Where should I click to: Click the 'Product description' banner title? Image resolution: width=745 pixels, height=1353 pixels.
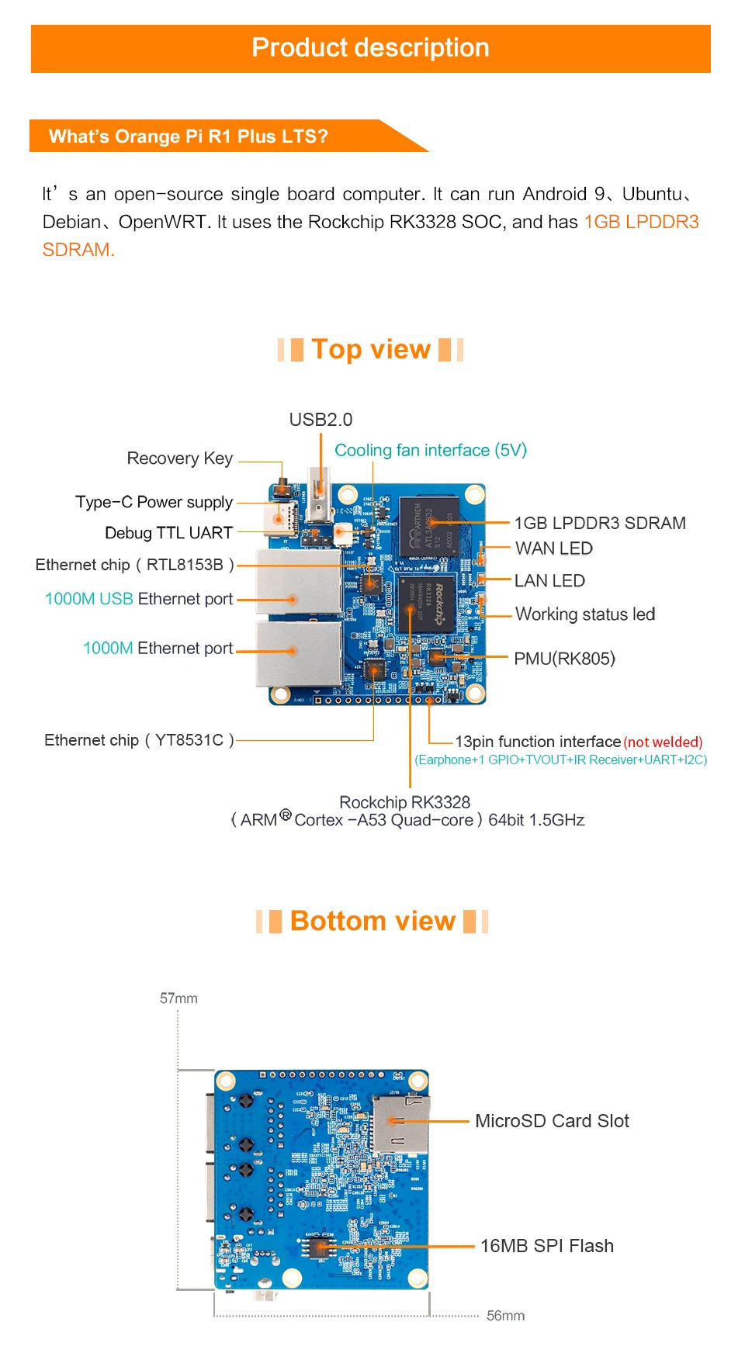(x=370, y=48)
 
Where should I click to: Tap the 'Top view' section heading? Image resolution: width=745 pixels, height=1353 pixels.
(x=371, y=350)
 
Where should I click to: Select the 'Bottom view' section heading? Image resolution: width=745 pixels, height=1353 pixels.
(x=372, y=921)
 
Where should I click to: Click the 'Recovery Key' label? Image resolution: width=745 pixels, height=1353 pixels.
(x=179, y=458)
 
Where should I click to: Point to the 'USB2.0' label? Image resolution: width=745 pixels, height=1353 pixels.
(x=321, y=420)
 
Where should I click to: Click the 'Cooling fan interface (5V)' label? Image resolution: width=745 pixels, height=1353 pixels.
(x=431, y=451)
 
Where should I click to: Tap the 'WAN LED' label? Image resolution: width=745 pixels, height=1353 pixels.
(x=554, y=548)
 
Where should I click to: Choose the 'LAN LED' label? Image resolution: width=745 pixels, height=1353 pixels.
(x=549, y=581)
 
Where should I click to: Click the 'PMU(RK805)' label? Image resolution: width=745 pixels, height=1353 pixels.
(x=564, y=659)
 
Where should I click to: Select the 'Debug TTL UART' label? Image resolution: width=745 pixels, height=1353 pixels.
(x=168, y=533)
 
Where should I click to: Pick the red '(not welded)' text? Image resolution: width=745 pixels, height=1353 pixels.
(x=663, y=742)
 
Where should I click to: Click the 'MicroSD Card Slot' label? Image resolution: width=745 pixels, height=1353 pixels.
(x=552, y=1121)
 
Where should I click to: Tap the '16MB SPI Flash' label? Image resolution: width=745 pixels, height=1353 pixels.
(x=547, y=1246)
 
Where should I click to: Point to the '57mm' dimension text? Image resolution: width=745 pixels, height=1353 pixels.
(x=178, y=998)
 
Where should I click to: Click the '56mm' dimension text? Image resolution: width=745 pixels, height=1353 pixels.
(x=505, y=1316)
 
